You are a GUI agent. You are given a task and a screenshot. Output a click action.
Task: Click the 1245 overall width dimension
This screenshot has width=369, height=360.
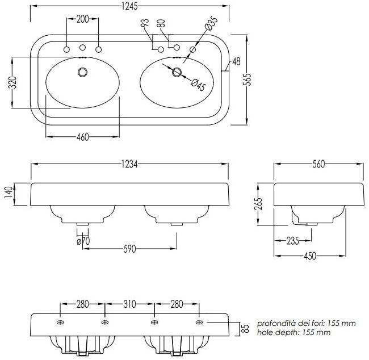[130, 7]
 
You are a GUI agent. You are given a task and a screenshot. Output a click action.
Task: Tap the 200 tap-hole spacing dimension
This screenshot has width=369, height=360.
[82, 19]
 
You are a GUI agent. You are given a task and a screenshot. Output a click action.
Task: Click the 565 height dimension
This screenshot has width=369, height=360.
[248, 79]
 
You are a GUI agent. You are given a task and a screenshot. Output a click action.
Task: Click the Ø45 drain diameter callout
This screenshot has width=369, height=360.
[198, 85]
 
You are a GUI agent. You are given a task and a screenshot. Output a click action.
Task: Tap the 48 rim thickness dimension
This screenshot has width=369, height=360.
[236, 61]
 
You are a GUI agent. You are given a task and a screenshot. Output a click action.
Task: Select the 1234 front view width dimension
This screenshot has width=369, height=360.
[130, 164]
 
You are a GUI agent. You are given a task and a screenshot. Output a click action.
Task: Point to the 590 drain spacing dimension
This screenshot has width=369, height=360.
[129, 248]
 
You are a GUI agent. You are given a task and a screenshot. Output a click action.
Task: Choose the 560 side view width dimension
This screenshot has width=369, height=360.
[318, 164]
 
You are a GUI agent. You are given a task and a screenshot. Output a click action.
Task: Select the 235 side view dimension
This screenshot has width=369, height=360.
[293, 241]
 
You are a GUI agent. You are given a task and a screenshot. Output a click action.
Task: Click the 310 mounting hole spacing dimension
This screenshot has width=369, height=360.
[129, 304]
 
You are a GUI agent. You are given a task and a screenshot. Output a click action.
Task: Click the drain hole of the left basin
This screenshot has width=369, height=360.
[83, 72]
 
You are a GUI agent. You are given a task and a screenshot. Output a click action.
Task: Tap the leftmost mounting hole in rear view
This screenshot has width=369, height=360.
[60, 323]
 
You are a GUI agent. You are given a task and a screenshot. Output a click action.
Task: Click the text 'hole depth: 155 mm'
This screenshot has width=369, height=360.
[293, 333]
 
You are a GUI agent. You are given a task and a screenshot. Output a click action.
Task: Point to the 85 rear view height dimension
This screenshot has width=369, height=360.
[246, 328]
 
